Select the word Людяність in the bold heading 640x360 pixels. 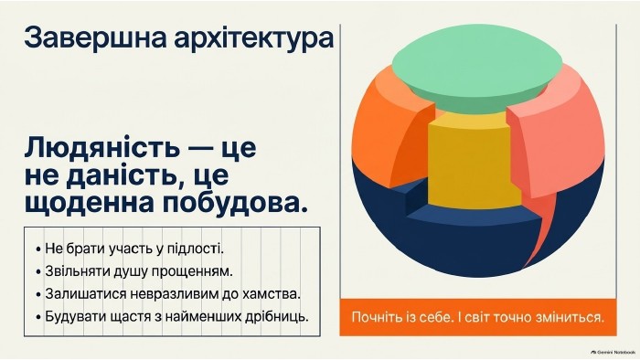102,147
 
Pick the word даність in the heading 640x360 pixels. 125,175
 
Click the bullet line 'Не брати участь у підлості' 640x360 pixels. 130,249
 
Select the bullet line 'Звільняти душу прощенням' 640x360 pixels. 134,271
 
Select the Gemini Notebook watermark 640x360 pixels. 613,352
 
